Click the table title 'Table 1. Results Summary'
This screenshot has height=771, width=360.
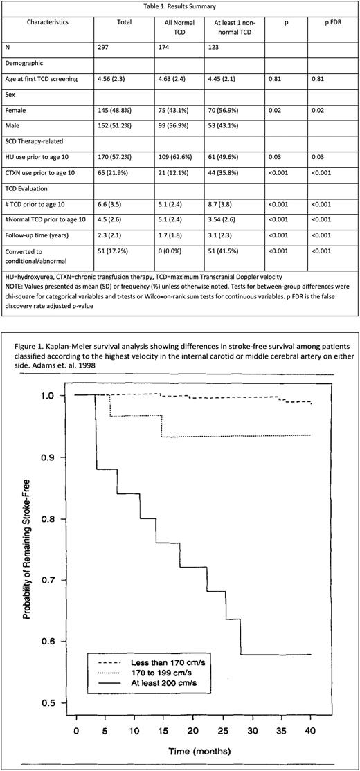coord(180,6)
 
